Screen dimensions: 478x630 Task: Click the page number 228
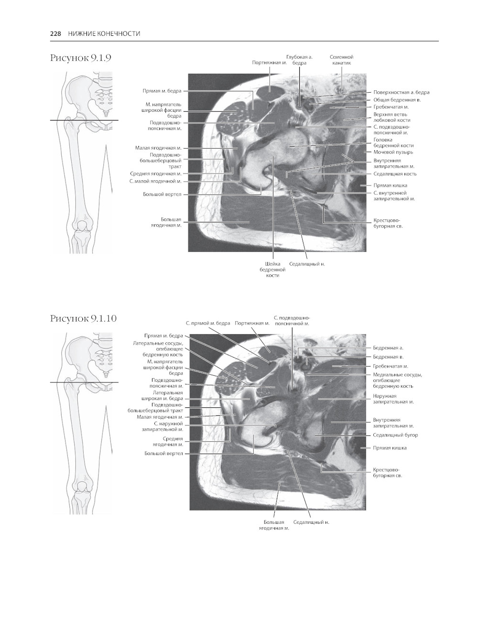pos(55,33)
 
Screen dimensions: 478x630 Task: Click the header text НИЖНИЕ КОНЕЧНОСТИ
pos(104,33)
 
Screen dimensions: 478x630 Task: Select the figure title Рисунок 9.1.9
pos(81,58)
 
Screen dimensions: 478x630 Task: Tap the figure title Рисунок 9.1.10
pos(84,318)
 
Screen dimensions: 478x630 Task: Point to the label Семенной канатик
pos(341,60)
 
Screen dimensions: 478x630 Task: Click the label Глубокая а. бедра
pos(299,60)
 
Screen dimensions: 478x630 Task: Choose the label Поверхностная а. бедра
pos(401,92)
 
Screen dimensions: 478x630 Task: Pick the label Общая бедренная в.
pos(397,100)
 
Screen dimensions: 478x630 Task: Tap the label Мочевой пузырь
pos(393,152)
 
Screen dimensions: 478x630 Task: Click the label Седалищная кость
pos(395,174)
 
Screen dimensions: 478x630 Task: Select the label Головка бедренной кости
pos(393,142)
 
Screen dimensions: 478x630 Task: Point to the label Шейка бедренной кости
pos(272,270)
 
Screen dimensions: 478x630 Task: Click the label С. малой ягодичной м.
pos(155,181)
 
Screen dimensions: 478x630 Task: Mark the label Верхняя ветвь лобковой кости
pos(391,117)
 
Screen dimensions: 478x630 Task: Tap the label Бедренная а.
pos(388,348)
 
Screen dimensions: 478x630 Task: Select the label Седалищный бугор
pos(395,435)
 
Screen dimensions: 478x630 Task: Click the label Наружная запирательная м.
pos(393,399)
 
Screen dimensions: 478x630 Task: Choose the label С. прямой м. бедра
pos(208,323)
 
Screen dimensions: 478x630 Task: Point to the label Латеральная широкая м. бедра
pos(162,395)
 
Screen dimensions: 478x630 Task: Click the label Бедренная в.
pos(388,357)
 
